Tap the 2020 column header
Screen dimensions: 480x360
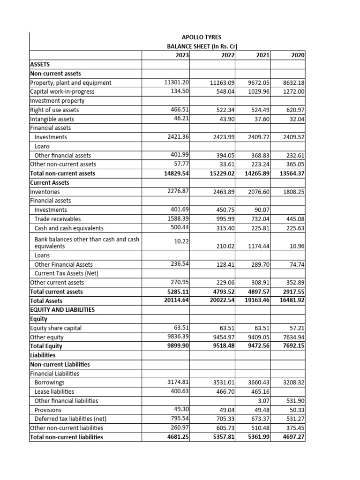click(298, 55)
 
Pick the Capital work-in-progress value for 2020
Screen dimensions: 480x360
click(293, 92)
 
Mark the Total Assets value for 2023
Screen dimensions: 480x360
click(174, 300)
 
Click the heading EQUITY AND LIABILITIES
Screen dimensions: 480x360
click(62, 310)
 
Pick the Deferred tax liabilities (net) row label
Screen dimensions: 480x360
click(71, 419)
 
